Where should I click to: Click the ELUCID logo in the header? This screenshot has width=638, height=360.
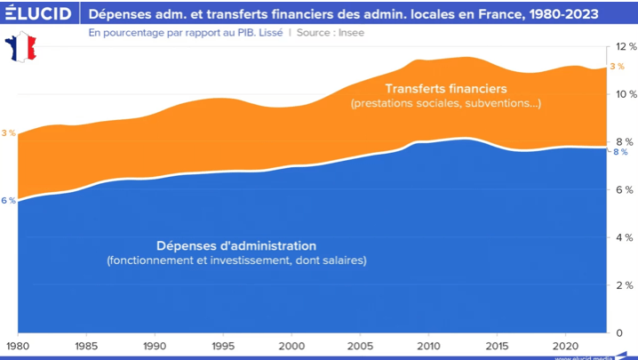pos(38,15)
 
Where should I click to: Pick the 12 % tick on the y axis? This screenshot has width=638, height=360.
pos(625,46)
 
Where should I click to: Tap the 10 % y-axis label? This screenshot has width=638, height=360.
pos(625,94)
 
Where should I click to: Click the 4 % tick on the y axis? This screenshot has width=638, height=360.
pos(626,237)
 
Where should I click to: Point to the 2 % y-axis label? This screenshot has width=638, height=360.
pos(626,285)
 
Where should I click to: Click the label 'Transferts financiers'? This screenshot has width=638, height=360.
pos(445,89)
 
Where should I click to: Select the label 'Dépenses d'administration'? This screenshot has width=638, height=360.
pos(236,245)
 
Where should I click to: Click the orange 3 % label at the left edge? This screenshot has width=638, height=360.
pos(9,132)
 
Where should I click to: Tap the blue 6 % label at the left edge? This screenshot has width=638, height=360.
pos(8,200)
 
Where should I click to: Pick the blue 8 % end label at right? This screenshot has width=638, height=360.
pos(620,152)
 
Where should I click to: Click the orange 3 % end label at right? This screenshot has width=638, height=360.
pos(617,68)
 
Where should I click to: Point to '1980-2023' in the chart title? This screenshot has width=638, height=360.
pos(559,15)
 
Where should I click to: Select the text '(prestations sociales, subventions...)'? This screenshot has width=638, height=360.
pos(446,104)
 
